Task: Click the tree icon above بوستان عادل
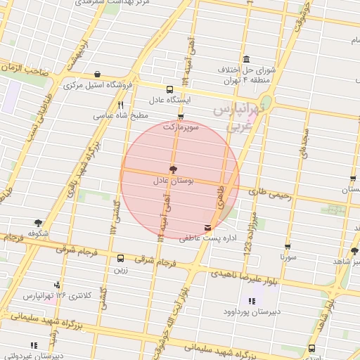pyautogui.click(x=172, y=169)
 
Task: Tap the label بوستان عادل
pyautogui.click(x=172, y=181)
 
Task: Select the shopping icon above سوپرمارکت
pyautogui.click(x=181, y=117)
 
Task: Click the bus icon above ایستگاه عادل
pyautogui.click(x=169, y=89)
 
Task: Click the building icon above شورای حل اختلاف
pyautogui.click(x=245, y=60)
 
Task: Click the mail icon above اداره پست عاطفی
pyautogui.click(x=207, y=228)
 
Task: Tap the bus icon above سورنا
pyautogui.click(x=288, y=247)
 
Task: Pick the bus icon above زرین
pyautogui.click(x=120, y=258)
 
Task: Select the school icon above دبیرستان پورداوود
pyautogui.click(x=252, y=301)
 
